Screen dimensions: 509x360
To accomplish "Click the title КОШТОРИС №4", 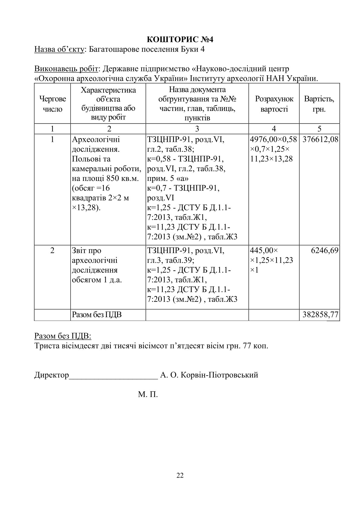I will click(x=180, y=40).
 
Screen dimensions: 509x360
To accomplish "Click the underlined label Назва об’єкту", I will click(x=59, y=49).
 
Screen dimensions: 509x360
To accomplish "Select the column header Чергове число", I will click(x=52, y=104).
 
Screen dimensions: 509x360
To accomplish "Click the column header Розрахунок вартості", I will click(x=274, y=104).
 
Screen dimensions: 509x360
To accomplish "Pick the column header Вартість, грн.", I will click(x=319, y=104).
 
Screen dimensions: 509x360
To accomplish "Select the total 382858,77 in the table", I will click(x=320, y=315).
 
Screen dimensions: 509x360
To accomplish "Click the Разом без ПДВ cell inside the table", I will click(x=97, y=315).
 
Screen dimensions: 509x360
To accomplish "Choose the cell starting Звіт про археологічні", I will click(x=97, y=265).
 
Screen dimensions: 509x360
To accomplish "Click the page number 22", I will click(x=180, y=475).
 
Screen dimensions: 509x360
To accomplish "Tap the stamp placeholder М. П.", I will click(x=148, y=394).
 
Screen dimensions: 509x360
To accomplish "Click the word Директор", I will click(x=52, y=375).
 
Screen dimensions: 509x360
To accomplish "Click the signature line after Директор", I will click(x=113, y=377).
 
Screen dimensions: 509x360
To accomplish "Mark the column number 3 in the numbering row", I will click(x=197, y=129).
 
